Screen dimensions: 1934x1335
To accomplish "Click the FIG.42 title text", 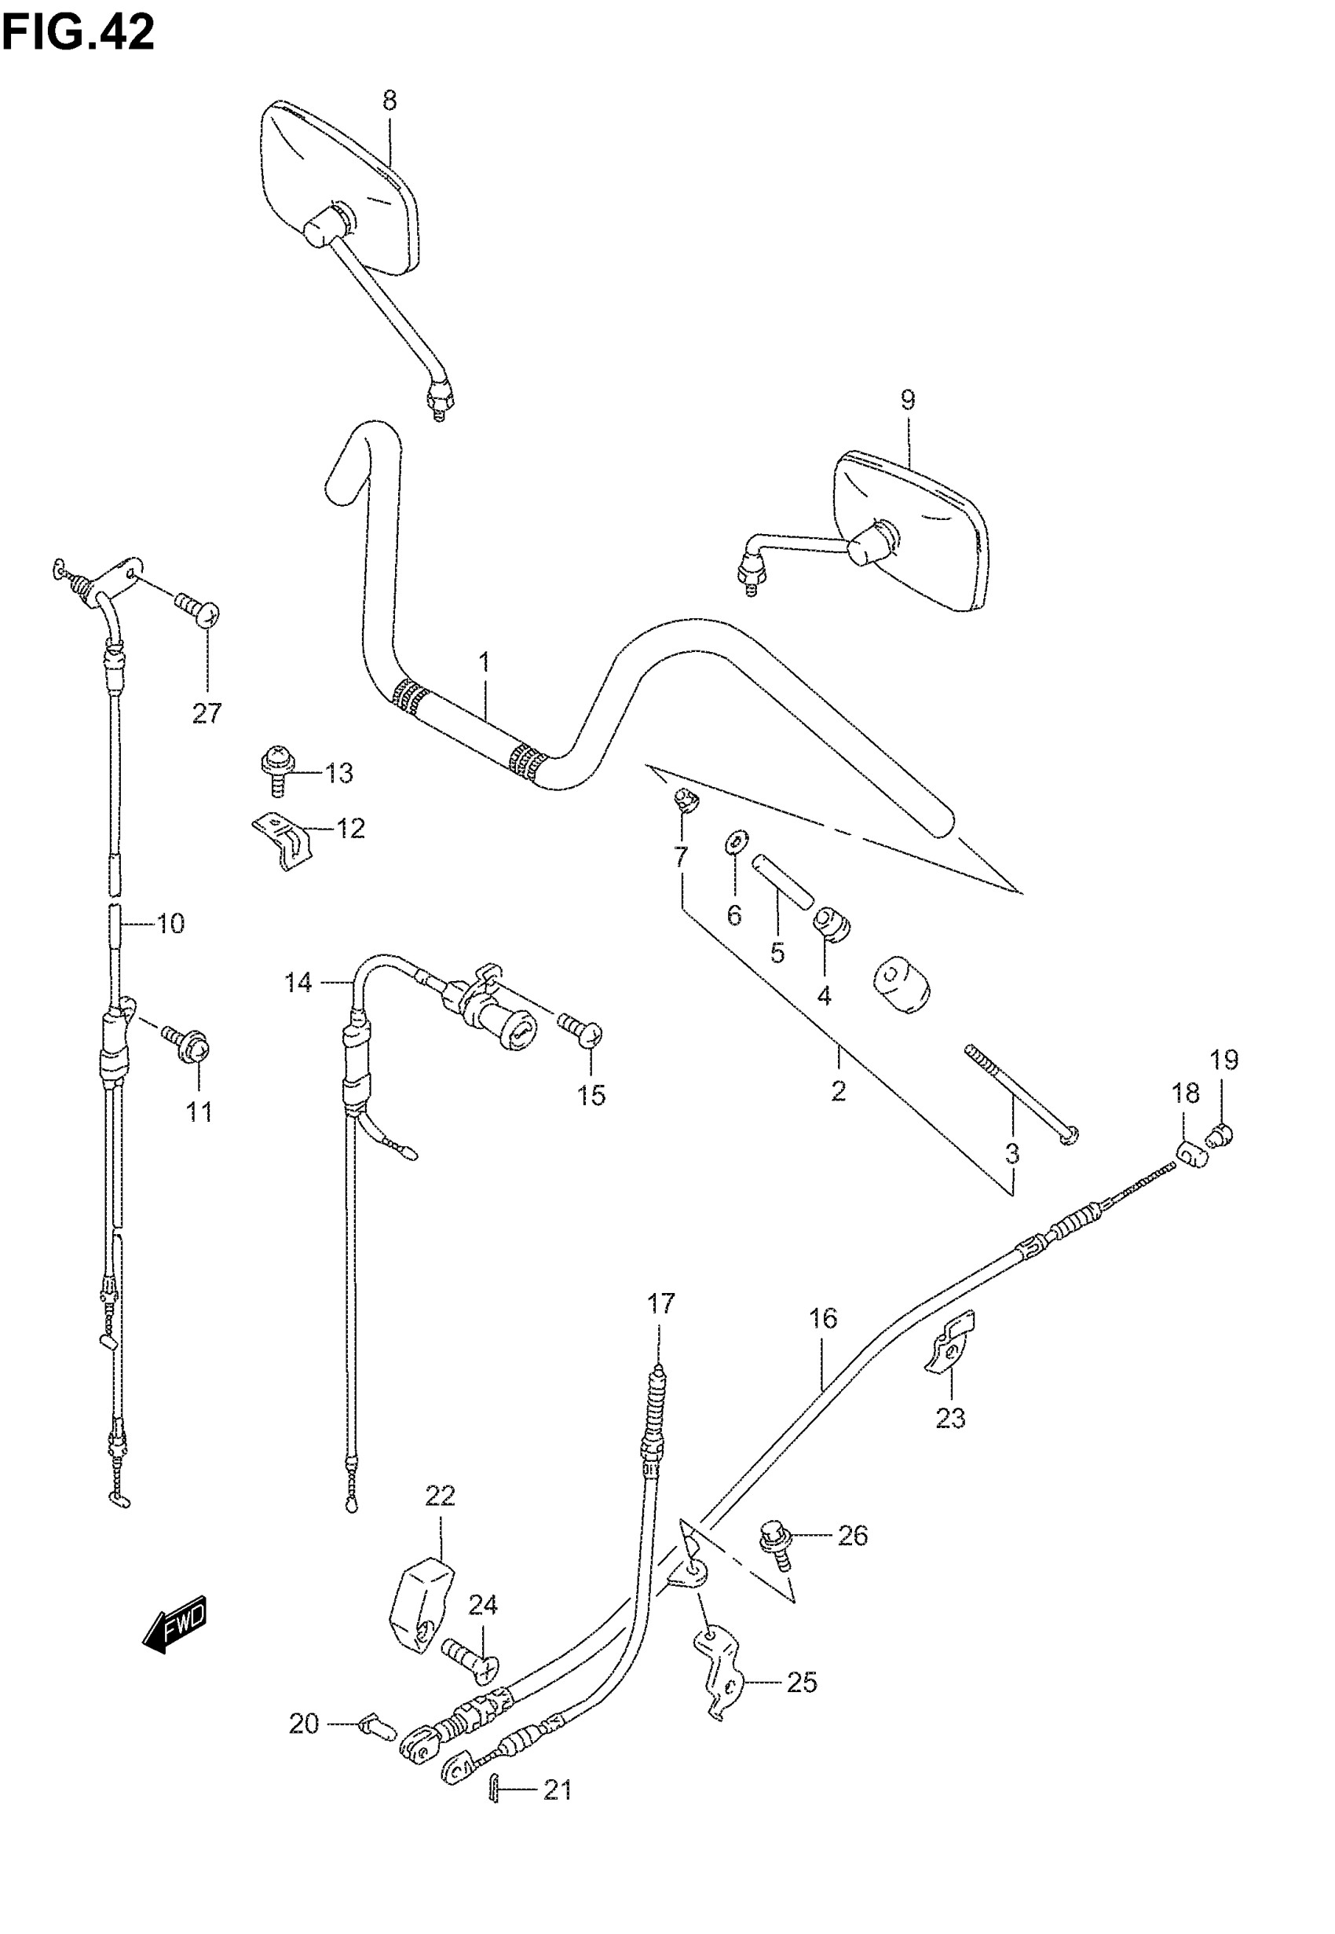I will click(x=78, y=34).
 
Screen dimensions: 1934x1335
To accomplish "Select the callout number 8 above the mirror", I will click(x=390, y=101).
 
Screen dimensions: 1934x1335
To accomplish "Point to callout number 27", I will click(x=207, y=713).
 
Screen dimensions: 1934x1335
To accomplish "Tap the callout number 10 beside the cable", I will click(x=170, y=924).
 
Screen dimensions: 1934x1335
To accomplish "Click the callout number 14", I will click(x=298, y=982).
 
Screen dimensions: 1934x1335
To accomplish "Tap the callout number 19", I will click(x=1223, y=1060).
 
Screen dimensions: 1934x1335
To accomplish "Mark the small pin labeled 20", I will click(x=375, y=1726).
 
